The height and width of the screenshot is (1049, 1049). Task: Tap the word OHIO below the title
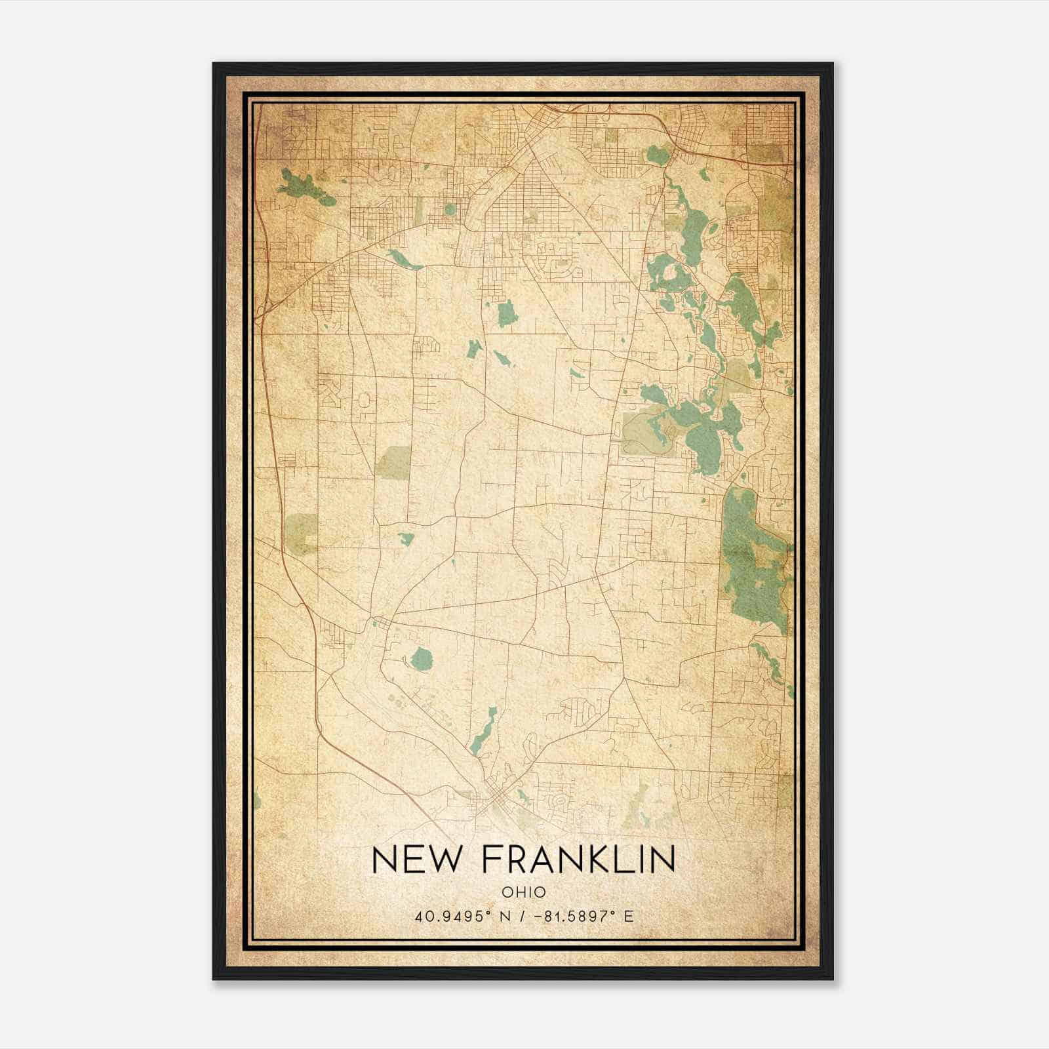pos(523,892)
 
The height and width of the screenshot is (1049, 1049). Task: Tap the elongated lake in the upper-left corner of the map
pos(306,186)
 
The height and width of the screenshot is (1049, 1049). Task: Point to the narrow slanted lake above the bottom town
pos(483,732)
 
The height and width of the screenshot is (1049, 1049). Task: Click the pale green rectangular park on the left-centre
pos(393,462)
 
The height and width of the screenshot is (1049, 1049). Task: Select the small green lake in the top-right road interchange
pos(658,155)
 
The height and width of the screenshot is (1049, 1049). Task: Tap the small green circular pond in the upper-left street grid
pos(450,209)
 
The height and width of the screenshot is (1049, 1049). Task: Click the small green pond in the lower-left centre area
pos(406,539)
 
